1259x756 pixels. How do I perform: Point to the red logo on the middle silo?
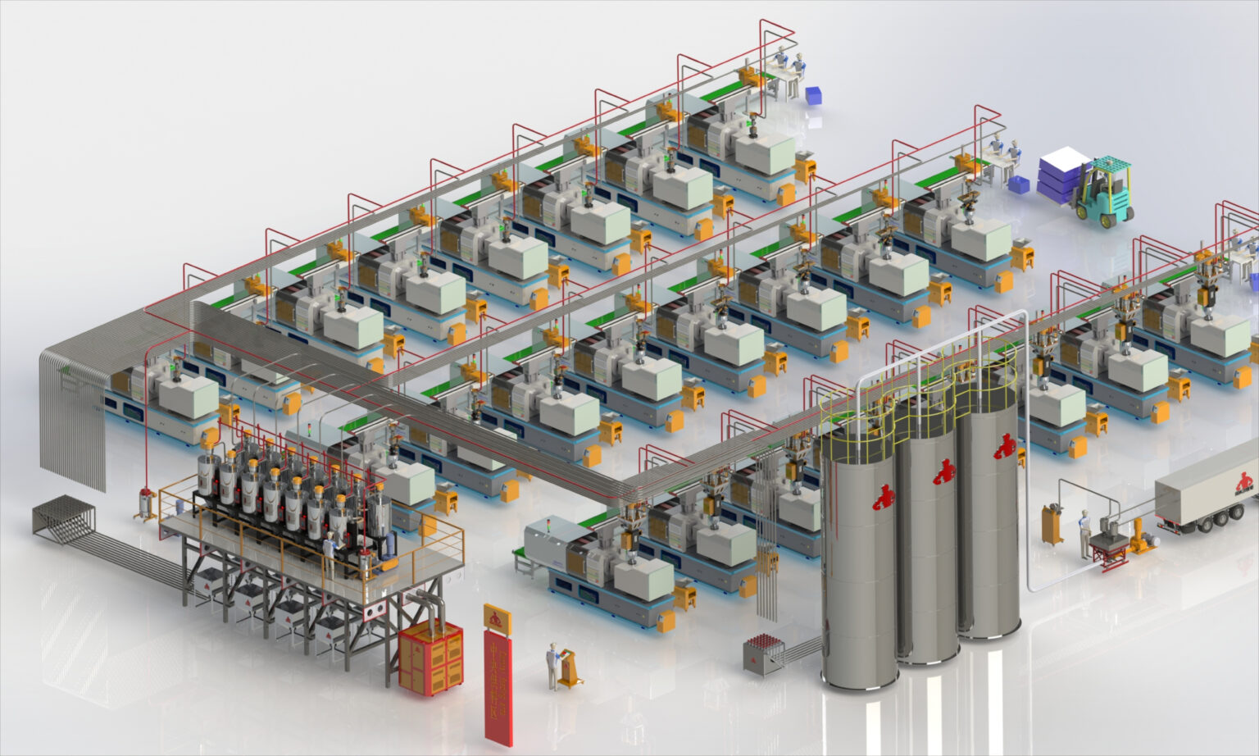click(943, 471)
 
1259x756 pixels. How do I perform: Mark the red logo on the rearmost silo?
click(1004, 447)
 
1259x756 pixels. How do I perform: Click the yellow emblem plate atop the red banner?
click(496, 619)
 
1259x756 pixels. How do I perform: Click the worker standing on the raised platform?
click(330, 554)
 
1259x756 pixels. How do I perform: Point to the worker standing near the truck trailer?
click(1084, 533)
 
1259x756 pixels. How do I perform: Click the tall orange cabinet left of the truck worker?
click(1052, 526)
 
